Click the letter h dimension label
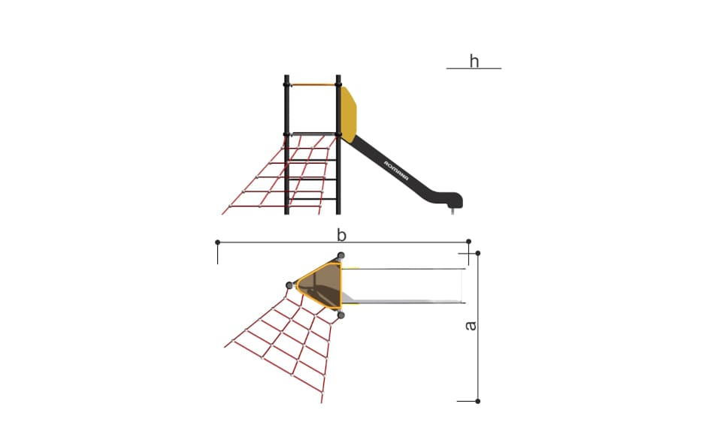[474, 61]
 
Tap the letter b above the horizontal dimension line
[341, 235]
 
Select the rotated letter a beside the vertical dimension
[470, 326]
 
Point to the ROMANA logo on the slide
[396, 170]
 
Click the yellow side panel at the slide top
[349, 113]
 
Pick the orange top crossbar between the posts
[313, 85]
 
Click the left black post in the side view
[286, 145]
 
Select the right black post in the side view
[338, 145]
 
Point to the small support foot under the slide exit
[452, 210]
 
